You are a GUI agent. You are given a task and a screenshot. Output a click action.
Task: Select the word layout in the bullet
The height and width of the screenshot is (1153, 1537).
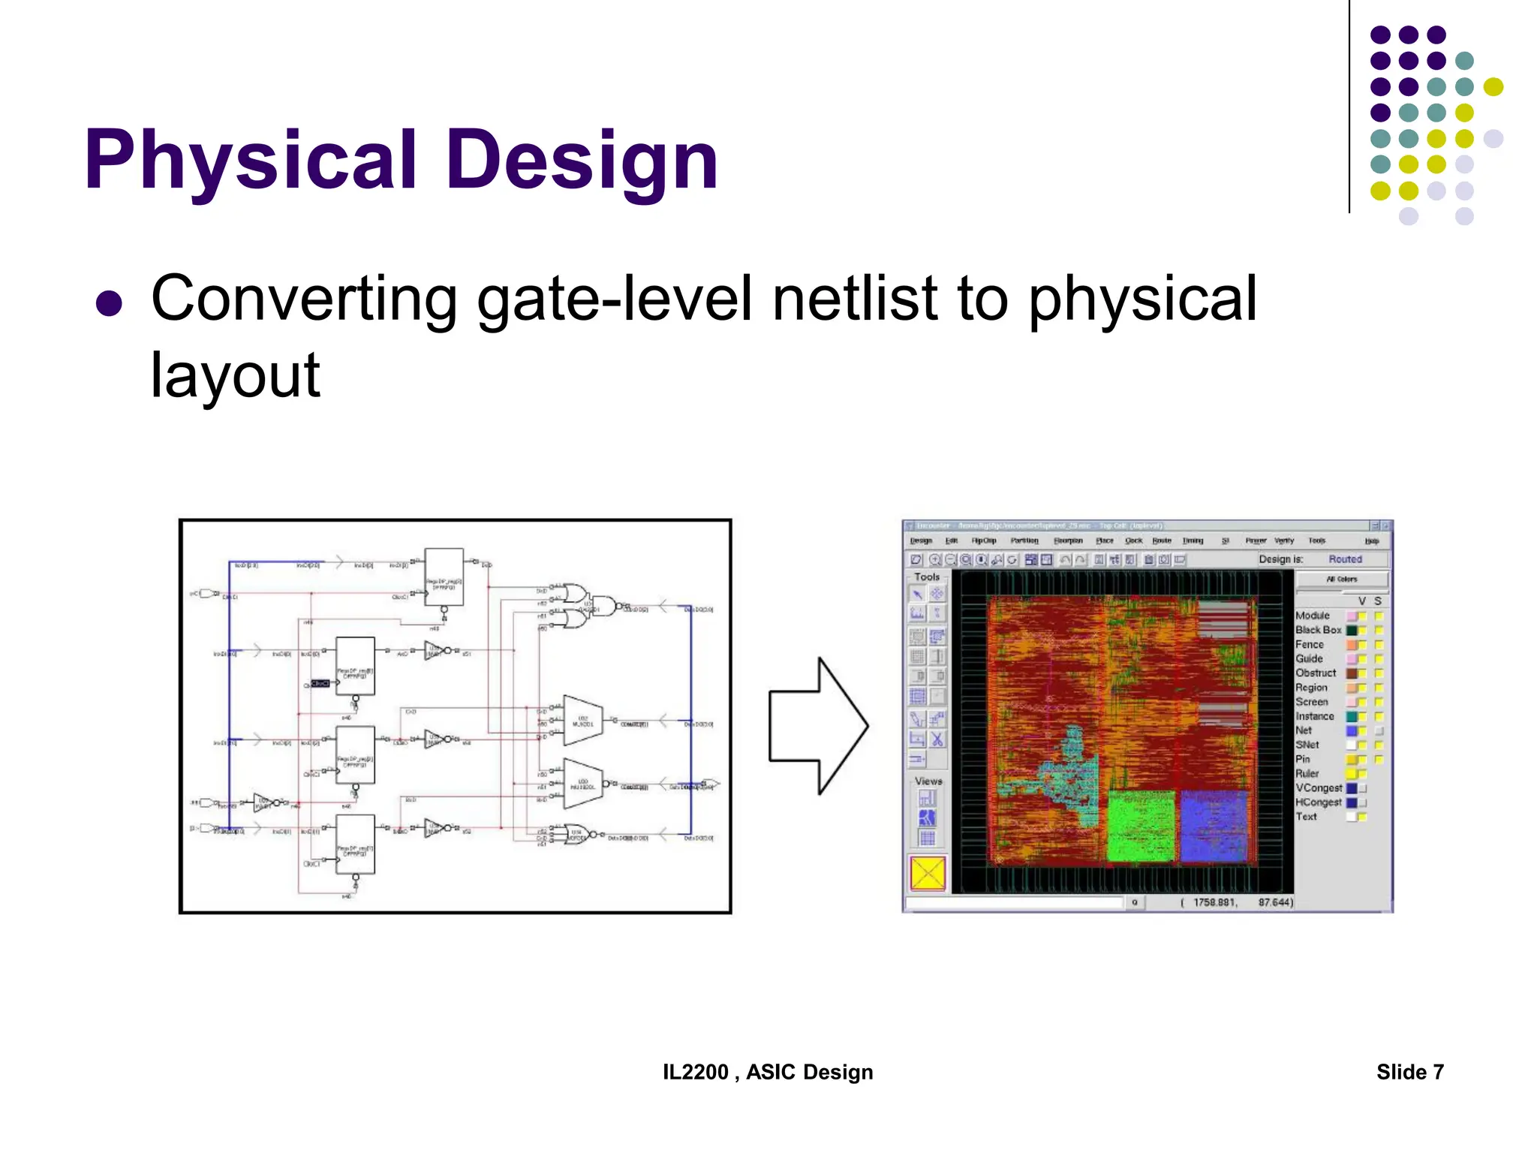click(235, 375)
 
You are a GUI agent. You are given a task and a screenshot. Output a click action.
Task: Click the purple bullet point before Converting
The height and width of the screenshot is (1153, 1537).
click(110, 303)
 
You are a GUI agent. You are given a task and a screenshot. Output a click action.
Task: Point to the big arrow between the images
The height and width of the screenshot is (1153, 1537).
click(818, 726)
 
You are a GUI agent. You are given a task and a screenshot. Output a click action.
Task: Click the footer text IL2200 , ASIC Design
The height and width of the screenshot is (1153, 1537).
click(767, 1072)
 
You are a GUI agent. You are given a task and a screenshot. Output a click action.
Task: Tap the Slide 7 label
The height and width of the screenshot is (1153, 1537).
click(1409, 1072)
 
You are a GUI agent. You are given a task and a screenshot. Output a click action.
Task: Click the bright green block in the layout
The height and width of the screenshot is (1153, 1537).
click(1141, 826)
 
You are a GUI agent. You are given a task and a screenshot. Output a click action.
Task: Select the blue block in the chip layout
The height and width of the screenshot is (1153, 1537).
click(1213, 826)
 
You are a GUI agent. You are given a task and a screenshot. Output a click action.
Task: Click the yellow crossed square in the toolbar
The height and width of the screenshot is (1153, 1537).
click(928, 873)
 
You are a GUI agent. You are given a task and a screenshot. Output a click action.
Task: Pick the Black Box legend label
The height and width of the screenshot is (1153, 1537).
click(1317, 630)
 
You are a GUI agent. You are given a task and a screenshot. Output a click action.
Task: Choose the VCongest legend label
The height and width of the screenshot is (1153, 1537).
click(1318, 787)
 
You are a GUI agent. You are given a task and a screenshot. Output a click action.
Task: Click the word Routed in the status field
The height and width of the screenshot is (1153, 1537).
click(1345, 559)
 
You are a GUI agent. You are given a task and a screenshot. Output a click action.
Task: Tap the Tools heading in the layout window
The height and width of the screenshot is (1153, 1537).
click(927, 576)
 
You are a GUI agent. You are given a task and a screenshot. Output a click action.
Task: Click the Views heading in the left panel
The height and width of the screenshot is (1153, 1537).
click(928, 781)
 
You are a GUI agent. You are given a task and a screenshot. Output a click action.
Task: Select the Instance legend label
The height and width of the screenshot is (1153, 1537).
click(1314, 716)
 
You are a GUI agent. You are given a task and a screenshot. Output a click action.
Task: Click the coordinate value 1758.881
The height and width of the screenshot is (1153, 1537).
click(1214, 902)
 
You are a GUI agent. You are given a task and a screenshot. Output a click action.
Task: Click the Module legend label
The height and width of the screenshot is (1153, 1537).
click(1312, 616)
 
